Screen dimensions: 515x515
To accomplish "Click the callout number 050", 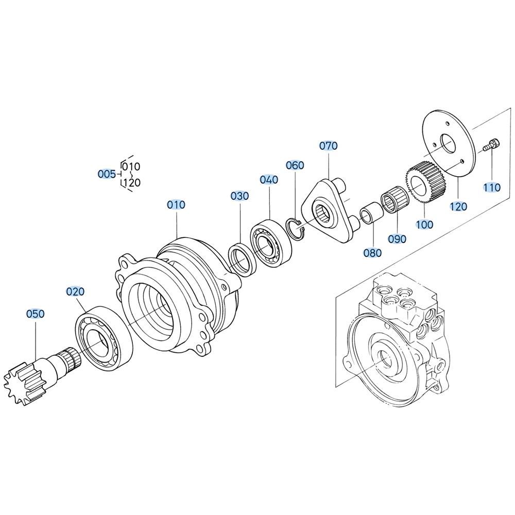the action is tap(35, 314).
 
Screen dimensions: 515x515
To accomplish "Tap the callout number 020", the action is tap(75, 291).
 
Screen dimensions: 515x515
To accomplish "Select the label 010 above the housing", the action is tap(176, 204).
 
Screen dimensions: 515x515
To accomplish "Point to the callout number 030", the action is tap(239, 196).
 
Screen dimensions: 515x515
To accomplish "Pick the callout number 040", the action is tap(269, 180).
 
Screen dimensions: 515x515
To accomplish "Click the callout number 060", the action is tap(295, 165).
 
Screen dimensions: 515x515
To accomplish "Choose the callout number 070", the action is tap(329, 146).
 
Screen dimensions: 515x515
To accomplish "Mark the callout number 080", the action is tap(373, 252).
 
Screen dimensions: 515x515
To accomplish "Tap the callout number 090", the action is tap(397, 239).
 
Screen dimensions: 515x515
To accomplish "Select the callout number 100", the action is tap(424, 225).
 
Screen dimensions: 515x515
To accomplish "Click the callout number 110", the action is tap(492, 187).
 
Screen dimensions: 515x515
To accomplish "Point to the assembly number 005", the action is tap(107, 174).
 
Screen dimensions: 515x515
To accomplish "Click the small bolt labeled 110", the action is tap(492, 145).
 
